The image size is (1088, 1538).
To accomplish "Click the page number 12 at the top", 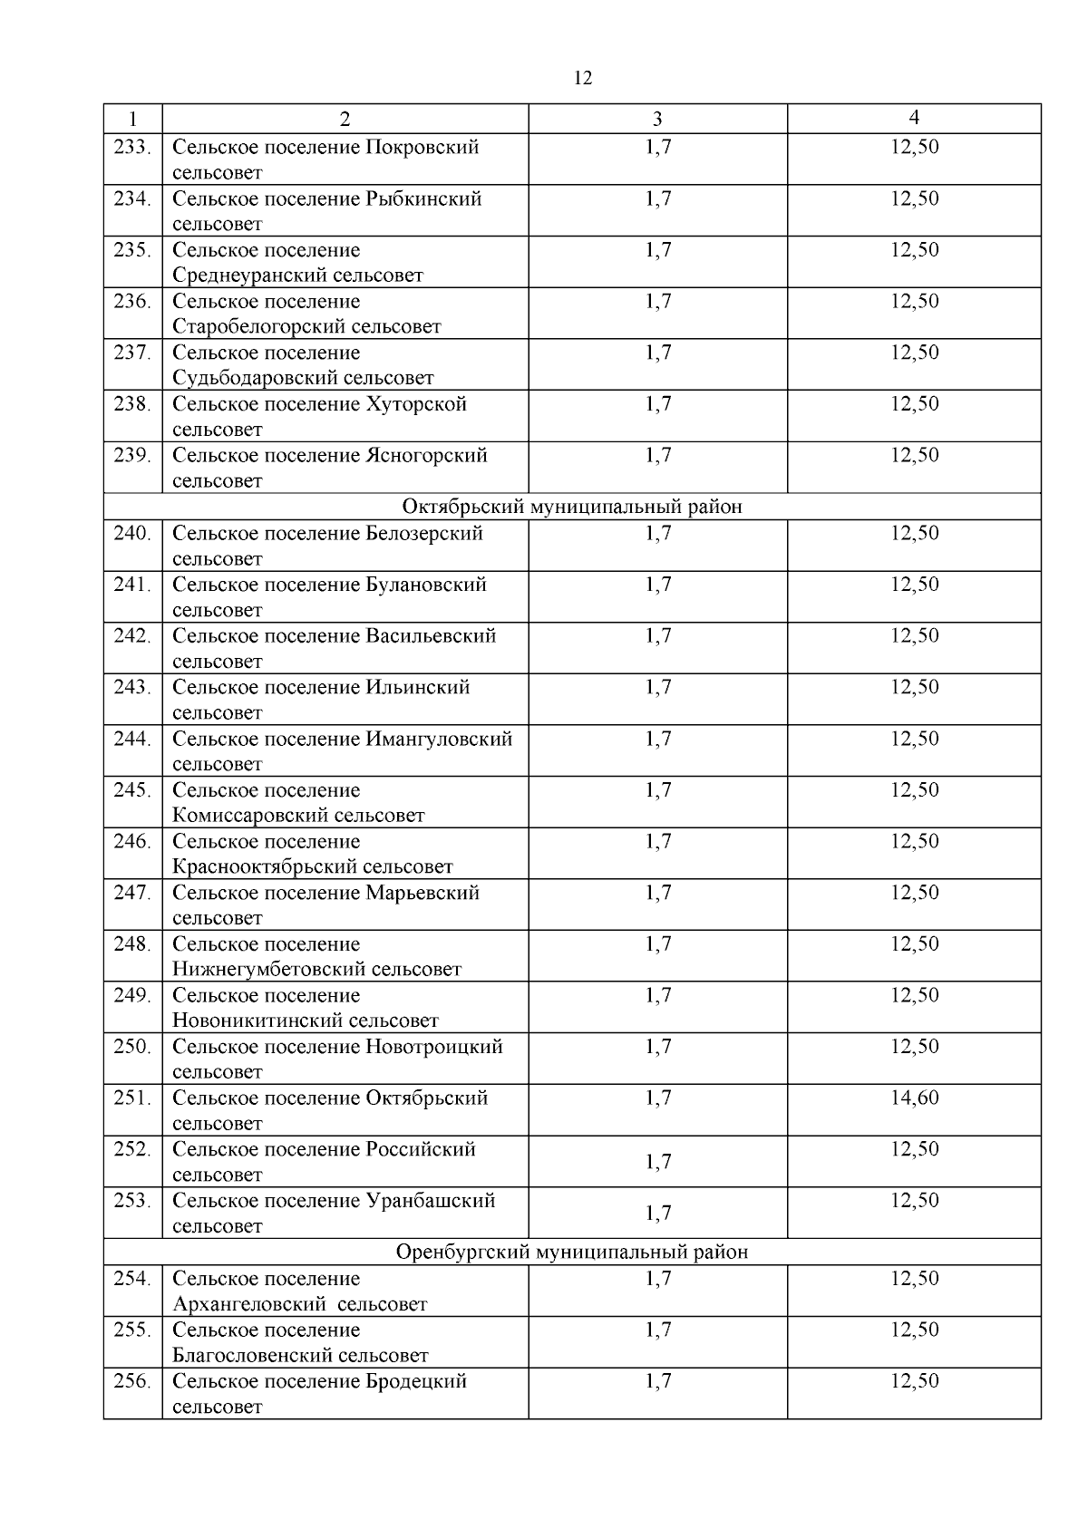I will [x=583, y=79].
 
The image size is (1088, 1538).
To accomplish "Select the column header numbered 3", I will [x=657, y=119].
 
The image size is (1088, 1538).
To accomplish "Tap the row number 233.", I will [x=132, y=147].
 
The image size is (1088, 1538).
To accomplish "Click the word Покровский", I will [x=422, y=147].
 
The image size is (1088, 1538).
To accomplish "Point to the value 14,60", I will [x=914, y=1098].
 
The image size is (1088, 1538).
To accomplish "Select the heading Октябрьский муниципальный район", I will [x=571, y=507].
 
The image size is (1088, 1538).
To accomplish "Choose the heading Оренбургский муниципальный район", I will [x=572, y=1253].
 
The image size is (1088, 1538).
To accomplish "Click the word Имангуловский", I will [x=439, y=740].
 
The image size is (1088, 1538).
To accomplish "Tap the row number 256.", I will [x=132, y=1381].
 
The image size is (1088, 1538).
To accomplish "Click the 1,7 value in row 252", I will [x=657, y=1162].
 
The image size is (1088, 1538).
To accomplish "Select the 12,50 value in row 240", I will [x=914, y=534].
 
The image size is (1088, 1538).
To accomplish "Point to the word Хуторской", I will [x=416, y=404].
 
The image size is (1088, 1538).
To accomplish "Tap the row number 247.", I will [x=132, y=894].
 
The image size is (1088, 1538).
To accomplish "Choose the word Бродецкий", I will [x=416, y=1381].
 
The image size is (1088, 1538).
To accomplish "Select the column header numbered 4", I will [x=914, y=118].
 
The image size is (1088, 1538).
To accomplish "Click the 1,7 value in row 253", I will [x=657, y=1214].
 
